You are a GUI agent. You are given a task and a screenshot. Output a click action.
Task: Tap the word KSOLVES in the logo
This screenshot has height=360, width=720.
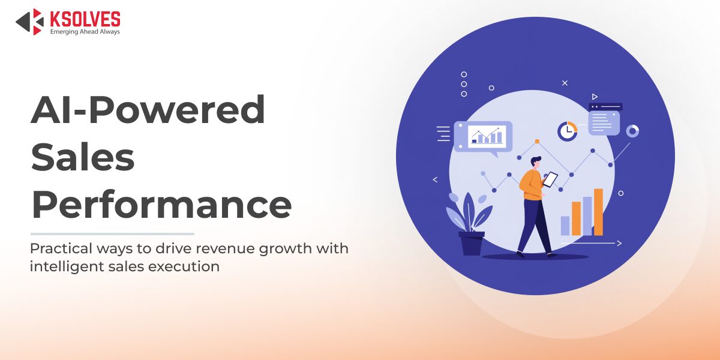[x=85, y=18]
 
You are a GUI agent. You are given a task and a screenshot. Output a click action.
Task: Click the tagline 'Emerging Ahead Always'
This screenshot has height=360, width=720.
[x=85, y=31]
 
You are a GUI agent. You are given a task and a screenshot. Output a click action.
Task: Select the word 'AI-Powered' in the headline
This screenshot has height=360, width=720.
[x=148, y=110]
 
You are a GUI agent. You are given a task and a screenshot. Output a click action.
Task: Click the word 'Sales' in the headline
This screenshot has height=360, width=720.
[x=83, y=157]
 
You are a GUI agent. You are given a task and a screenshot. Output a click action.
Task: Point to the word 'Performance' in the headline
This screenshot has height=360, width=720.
[x=161, y=204]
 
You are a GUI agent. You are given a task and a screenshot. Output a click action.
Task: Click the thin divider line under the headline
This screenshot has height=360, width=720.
[x=112, y=234]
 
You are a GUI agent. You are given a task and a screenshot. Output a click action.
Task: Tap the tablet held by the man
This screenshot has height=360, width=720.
[x=550, y=179]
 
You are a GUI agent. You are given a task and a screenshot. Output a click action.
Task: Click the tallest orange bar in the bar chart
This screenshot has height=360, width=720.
[x=598, y=212]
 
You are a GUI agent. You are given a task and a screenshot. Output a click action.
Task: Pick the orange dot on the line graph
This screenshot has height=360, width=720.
[x=537, y=142]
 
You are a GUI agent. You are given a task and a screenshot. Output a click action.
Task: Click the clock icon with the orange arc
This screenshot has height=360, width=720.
[x=567, y=131]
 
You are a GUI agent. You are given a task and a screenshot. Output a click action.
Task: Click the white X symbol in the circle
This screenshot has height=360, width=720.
[x=565, y=83]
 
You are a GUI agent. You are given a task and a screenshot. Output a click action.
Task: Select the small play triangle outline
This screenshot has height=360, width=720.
[x=595, y=97]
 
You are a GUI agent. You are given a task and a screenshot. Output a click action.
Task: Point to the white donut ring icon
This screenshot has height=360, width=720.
[x=632, y=131]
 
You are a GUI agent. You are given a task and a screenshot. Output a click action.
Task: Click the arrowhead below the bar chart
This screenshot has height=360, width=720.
[x=619, y=243]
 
